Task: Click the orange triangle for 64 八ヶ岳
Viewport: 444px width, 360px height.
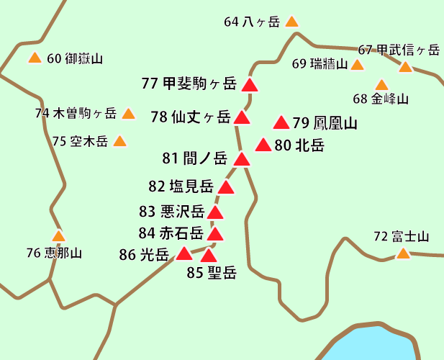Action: tap(291, 22)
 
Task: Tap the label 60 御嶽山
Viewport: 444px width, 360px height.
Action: tap(75, 59)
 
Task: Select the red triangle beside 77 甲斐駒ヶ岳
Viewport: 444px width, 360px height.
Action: tap(250, 86)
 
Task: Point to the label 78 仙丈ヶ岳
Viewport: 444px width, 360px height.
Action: tap(191, 117)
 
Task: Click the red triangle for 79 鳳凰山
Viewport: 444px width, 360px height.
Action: tap(281, 123)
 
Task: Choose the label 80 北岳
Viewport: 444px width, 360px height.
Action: tap(299, 145)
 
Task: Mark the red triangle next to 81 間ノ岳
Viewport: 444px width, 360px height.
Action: tap(242, 160)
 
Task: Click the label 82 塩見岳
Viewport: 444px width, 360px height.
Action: tap(181, 186)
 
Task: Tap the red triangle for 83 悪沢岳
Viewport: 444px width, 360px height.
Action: tap(215, 212)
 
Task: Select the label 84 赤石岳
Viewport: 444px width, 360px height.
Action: tap(171, 233)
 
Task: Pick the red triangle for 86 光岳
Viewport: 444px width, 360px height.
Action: tap(184, 253)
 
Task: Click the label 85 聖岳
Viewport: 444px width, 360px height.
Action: tap(212, 272)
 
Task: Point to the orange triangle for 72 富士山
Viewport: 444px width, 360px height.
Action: tap(404, 253)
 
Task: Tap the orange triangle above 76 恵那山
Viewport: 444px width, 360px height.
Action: tap(59, 236)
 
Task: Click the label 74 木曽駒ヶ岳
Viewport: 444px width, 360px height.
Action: tap(76, 113)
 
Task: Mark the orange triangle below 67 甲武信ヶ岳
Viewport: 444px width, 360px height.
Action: tap(405, 68)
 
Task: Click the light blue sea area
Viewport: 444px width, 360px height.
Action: tap(374, 346)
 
